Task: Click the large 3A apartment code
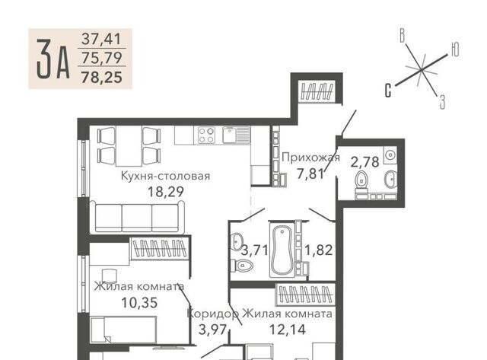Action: (53, 59)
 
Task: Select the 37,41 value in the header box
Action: (101, 39)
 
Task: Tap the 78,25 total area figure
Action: (101, 77)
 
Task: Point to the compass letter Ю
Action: (454, 49)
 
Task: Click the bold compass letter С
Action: (388, 90)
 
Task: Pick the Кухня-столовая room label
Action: (165, 176)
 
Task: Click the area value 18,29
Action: (166, 192)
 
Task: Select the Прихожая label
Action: (310, 158)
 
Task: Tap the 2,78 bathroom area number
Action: (365, 162)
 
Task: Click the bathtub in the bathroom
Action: (282, 250)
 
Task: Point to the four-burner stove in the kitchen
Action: (206, 135)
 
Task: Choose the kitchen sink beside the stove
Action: (236, 135)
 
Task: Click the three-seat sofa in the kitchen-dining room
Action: (137, 217)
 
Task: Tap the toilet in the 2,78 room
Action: (361, 181)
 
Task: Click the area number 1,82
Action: (319, 250)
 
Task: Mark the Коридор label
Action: (213, 314)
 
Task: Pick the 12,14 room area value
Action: (288, 330)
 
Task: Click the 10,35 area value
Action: (139, 302)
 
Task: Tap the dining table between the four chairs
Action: (129, 145)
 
